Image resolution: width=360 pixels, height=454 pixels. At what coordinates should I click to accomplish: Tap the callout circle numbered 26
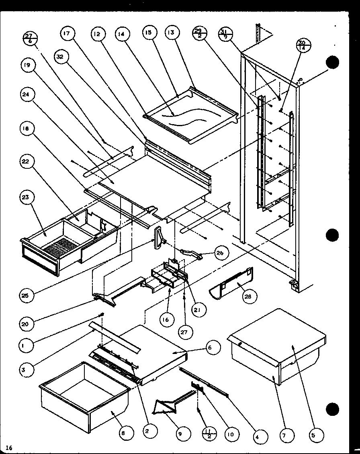coord(221,254)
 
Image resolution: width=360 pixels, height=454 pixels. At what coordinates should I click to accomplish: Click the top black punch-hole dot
coord(333,63)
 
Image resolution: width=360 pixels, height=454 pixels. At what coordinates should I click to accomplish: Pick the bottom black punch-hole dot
coord(333,409)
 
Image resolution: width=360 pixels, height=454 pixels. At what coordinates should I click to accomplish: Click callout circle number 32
coord(60,57)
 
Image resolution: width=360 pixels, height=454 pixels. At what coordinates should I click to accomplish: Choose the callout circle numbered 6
coord(213,348)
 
